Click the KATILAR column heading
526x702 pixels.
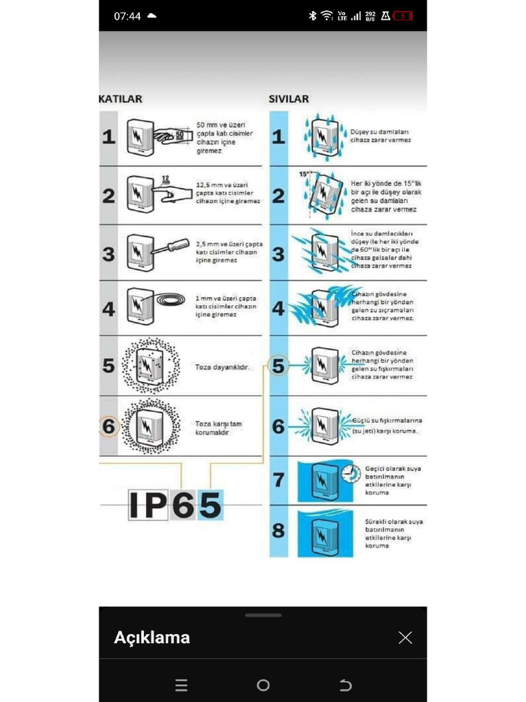pos(122,99)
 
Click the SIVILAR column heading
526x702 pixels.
pos(288,99)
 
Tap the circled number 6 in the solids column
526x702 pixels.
pos(109,426)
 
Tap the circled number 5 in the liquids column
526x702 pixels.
pos(278,366)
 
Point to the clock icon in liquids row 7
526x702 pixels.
pos(350,473)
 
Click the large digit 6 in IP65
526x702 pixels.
pos(183,506)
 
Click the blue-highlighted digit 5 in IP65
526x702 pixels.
pos(210,506)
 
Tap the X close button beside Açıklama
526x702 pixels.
pos(405,638)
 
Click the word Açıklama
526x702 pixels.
pos(152,638)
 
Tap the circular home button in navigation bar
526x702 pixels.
pos(263,685)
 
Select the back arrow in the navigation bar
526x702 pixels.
pos(345,685)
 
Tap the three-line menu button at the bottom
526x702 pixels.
pos(181,685)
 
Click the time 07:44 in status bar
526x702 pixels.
pos(127,16)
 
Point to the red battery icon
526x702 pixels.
pos(403,16)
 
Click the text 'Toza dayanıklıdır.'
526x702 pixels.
pos(222,367)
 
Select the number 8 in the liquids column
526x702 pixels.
pos(278,531)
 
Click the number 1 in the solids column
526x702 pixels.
pos(109,137)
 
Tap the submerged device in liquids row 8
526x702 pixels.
pos(325,533)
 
